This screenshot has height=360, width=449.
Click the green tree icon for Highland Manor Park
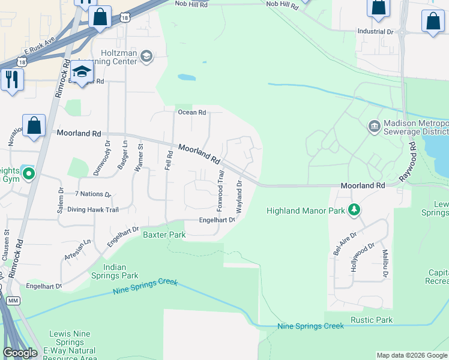coord(355,209)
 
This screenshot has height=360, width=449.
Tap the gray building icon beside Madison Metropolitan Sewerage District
coord(374,127)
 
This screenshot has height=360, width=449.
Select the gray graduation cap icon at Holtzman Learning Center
coord(146,57)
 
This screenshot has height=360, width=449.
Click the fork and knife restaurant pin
coord(11,79)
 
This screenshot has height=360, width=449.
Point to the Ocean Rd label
coord(191,112)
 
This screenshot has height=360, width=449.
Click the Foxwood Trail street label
coord(220,186)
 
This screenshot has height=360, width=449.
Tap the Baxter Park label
coord(164,235)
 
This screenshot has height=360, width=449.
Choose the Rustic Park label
coord(372,320)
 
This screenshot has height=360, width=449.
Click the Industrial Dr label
coord(375,31)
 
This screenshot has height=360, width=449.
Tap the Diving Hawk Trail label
coord(92,209)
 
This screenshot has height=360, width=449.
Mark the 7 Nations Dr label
coord(93,194)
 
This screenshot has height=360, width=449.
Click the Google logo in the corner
coord(20,353)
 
